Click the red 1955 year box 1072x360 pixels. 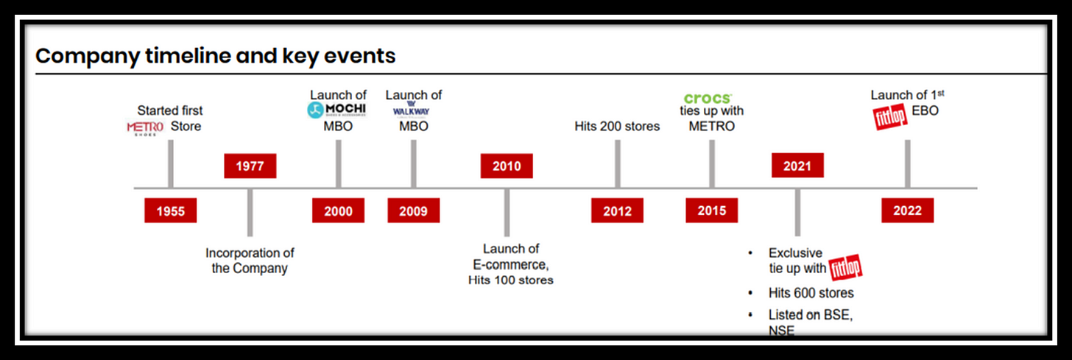point(171,211)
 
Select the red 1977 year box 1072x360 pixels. point(250,166)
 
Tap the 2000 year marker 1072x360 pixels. point(338,211)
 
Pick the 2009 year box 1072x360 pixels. point(413,211)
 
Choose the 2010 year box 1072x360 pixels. point(507,166)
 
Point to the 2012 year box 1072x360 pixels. point(617,211)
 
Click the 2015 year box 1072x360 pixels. point(711,211)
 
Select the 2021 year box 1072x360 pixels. point(797,166)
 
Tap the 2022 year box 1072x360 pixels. point(907,211)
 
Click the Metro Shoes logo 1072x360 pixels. point(145,128)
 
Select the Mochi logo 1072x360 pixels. point(336,110)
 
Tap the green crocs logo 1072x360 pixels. point(708,98)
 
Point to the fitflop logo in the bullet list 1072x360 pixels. point(846,269)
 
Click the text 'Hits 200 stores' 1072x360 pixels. point(617,126)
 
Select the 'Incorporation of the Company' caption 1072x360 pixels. point(250,261)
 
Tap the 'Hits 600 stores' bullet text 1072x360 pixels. point(811,293)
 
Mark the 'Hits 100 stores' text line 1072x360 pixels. point(510,280)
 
